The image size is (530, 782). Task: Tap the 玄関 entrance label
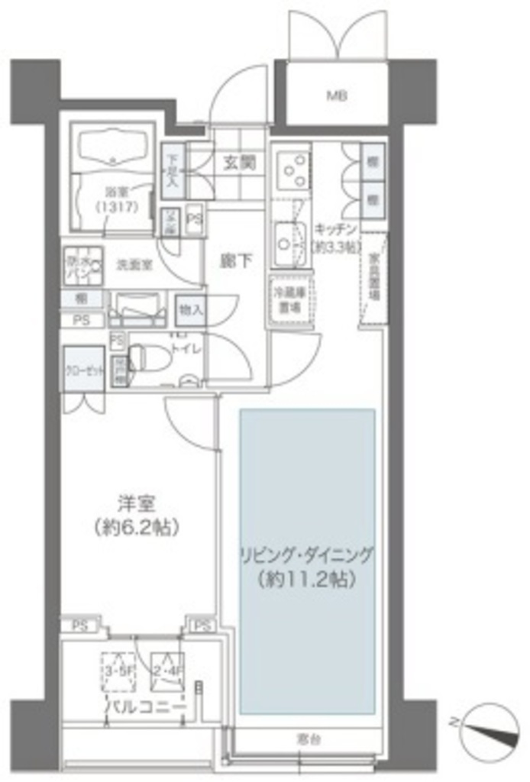239,163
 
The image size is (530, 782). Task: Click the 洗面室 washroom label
134,264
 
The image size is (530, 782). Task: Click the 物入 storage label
190,309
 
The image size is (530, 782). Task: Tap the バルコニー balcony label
144,707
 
